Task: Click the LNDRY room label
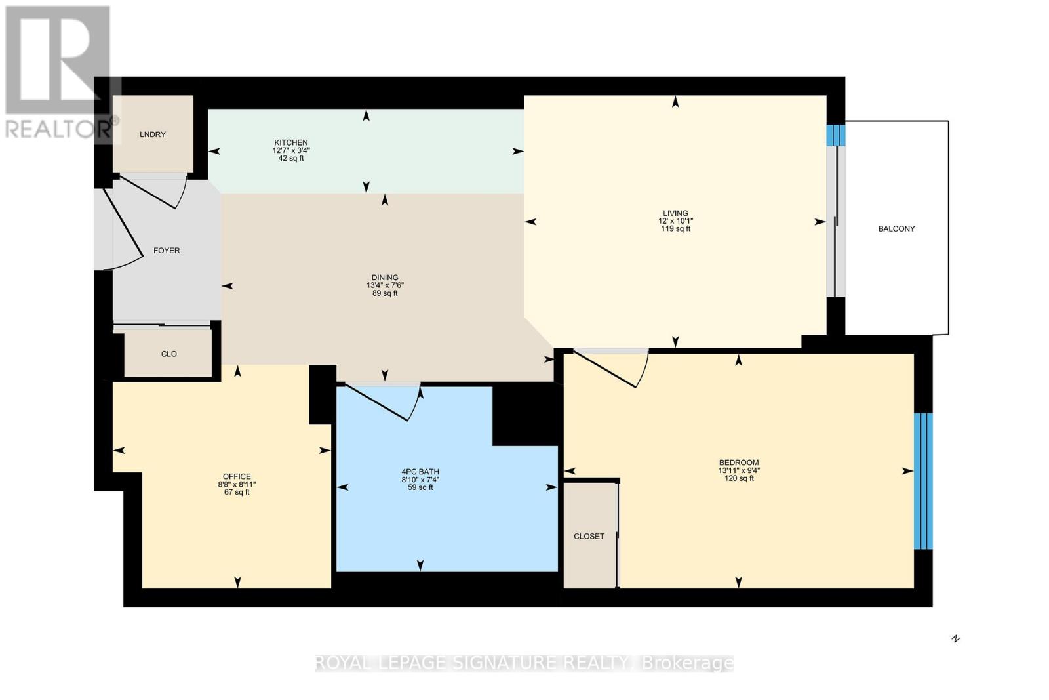pyautogui.click(x=153, y=134)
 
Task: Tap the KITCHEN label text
pyautogui.click(x=291, y=142)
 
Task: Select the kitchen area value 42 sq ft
pyautogui.click(x=291, y=158)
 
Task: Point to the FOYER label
pyautogui.click(x=167, y=251)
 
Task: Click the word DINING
pyautogui.click(x=385, y=278)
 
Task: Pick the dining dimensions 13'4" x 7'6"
pyautogui.click(x=385, y=285)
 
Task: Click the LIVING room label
pyautogui.click(x=675, y=213)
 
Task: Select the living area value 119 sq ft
pyautogui.click(x=675, y=229)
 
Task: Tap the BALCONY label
pyautogui.click(x=896, y=229)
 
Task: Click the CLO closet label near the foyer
pyautogui.click(x=169, y=354)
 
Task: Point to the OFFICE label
pyautogui.click(x=237, y=476)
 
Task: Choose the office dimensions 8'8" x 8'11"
pyautogui.click(x=237, y=484)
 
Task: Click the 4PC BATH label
pyautogui.click(x=420, y=472)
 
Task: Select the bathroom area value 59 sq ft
pyautogui.click(x=420, y=487)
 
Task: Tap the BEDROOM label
pyautogui.click(x=739, y=463)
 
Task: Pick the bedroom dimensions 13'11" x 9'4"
pyautogui.click(x=739, y=470)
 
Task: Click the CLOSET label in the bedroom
pyautogui.click(x=589, y=537)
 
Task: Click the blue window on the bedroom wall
pyautogui.click(x=924, y=481)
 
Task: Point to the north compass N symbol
pyautogui.click(x=956, y=638)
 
